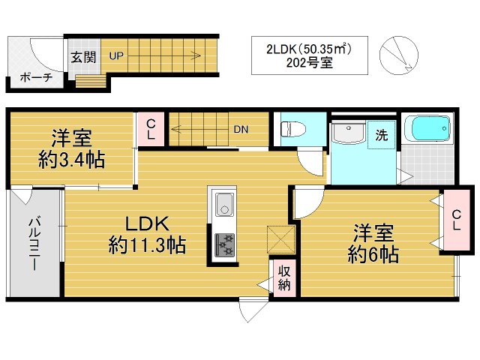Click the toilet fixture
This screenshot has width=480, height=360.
[290, 129]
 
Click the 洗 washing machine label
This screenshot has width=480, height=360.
[382, 136]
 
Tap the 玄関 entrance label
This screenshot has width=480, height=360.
[82, 56]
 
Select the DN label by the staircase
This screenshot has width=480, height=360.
[240, 129]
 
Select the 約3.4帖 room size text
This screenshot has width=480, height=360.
[71, 160]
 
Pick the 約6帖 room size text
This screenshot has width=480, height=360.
[373, 253]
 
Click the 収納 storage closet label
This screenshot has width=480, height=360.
[284, 277]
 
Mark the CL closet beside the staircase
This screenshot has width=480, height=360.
[151, 129]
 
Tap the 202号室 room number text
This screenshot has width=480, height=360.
[310, 64]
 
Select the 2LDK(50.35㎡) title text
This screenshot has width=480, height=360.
[310, 49]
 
